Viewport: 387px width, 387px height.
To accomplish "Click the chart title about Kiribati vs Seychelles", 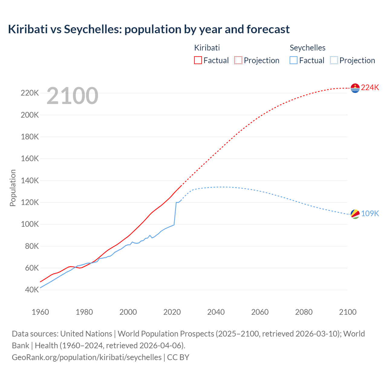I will coord(149,29).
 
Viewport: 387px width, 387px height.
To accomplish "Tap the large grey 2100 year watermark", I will coord(72,96).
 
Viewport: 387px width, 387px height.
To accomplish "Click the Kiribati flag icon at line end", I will coord(355,88).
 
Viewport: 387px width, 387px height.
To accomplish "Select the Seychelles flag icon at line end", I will coord(355,214).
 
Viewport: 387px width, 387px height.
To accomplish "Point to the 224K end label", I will coord(370,88).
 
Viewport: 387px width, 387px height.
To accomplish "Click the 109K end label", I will coord(370,214).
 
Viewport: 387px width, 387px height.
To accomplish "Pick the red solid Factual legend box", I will coord(198,60).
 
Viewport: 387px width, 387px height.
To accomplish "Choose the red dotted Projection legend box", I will coord(238,60).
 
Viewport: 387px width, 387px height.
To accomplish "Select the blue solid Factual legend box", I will coord(294,60).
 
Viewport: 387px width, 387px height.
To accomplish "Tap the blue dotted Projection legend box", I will coord(334,60).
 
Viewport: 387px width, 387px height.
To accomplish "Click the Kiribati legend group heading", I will coord(207,48).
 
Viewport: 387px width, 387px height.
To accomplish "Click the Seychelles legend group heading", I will coord(307,48).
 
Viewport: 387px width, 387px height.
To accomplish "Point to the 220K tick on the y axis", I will coord(30,93).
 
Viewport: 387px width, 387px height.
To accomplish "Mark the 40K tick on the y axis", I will coord(32,290).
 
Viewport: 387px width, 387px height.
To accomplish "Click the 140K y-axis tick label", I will coord(30,180).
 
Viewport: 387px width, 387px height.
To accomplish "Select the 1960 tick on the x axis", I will coord(40,312).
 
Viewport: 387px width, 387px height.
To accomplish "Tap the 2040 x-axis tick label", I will coord(216,312).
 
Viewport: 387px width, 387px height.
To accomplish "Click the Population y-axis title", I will coord(13,188).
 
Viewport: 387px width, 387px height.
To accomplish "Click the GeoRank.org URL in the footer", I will coord(86,357).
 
